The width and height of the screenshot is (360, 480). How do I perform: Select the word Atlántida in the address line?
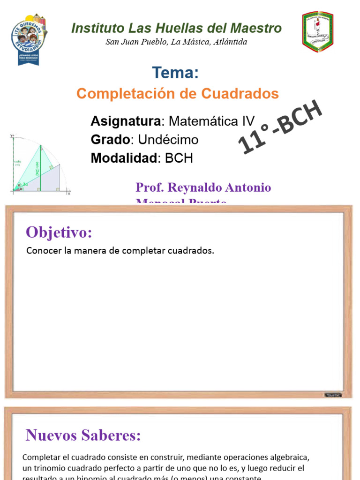[x=230, y=42]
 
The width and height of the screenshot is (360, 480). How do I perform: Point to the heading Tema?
[x=175, y=73]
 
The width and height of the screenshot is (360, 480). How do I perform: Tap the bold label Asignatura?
[x=125, y=121]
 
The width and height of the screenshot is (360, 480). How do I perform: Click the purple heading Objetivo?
[x=59, y=232]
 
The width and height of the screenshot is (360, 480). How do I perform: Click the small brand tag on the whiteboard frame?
[x=333, y=395]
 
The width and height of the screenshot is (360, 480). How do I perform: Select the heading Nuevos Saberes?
[x=83, y=435]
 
